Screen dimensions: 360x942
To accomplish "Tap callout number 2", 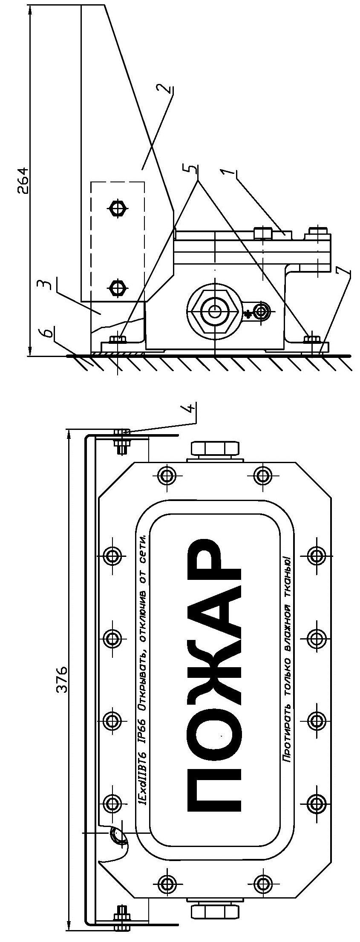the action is [168, 90].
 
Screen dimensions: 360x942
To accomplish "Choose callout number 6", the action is [49, 333].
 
